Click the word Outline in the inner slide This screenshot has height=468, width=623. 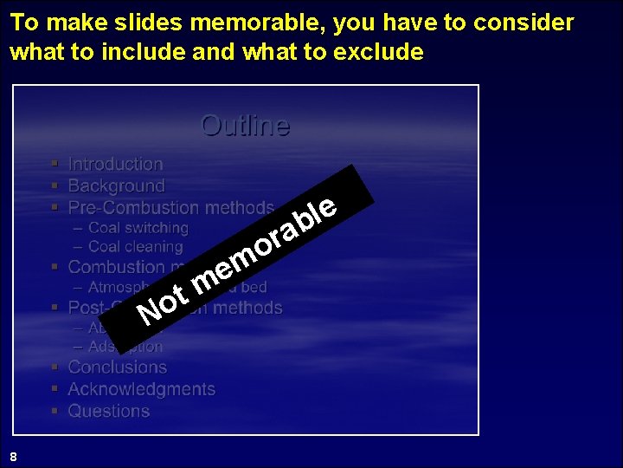245,127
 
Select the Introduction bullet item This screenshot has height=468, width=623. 115,165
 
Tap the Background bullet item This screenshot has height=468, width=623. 116,186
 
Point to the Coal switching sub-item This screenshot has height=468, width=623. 138,228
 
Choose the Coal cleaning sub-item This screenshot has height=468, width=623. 135,247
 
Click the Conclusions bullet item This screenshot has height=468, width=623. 117,367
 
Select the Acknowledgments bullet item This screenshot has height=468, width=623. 141,390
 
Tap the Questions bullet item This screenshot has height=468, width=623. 108,412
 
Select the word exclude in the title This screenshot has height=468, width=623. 380,52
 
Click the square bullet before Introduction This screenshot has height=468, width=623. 55,164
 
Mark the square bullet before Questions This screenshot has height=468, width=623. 55,411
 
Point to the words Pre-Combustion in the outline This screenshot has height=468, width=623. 132,208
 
